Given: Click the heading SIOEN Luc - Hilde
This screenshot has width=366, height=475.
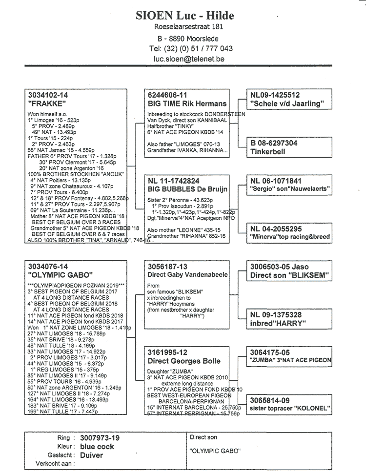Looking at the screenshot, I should [x=185, y=16].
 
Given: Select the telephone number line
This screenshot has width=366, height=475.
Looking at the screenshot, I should [x=190, y=48].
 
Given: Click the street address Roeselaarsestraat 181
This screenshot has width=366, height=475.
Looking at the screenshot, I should [x=185, y=27].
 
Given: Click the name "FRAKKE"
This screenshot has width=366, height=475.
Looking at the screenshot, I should [x=47, y=103].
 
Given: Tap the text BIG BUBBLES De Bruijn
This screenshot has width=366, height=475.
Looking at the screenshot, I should [x=187, y=189].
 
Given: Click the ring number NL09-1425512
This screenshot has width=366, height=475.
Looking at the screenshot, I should [x=275, y=95].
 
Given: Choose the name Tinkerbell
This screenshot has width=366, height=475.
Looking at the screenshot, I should [x=268, y=151].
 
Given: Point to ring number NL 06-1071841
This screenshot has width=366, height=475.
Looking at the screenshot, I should [x=276, y=181].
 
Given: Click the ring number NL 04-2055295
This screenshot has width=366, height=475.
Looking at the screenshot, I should [x=276, y=228].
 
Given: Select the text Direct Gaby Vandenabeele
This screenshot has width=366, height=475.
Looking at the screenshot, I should [x=187, y=275].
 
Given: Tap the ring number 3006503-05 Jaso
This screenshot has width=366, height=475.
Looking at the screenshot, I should [x=280, y=267].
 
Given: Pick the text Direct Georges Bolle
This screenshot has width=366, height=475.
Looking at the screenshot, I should [x=184, y=361].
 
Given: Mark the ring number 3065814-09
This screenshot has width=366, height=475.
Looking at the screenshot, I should [x=269, y=400].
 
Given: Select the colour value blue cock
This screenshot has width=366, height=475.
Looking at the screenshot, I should [x=98, y=446].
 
